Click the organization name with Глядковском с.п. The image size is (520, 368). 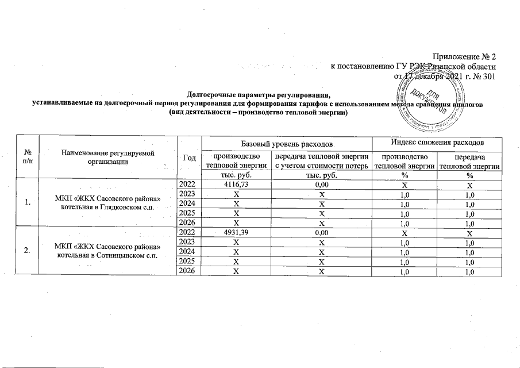[x=109, y=203]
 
